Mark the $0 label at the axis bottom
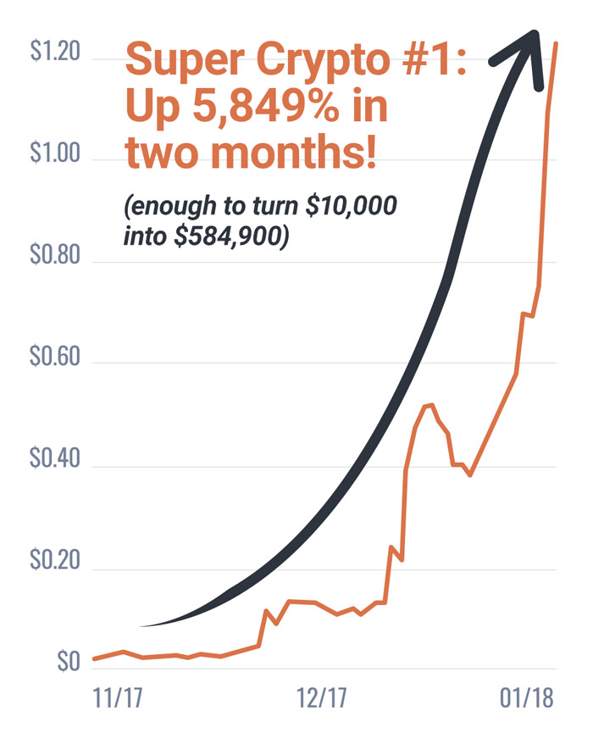click(x=69, y=662)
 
